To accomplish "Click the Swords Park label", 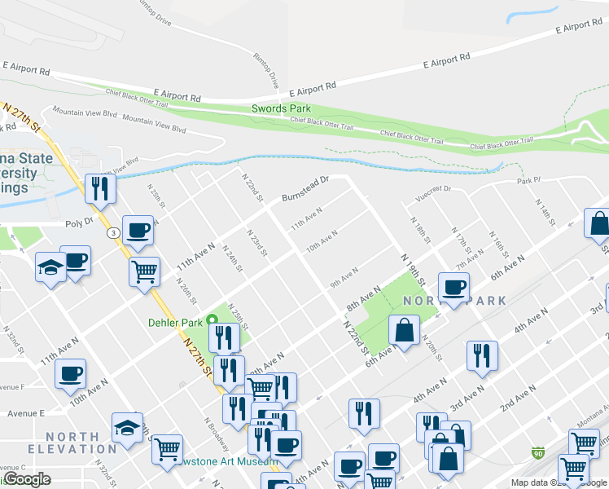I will [281, 108].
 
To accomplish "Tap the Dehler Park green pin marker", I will [213, 319].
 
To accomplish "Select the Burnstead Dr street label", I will [304, 189].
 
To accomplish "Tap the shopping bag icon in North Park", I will [405, 330].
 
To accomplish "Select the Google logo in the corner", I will [26, 479].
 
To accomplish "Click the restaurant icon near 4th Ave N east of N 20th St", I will [482, 355].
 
